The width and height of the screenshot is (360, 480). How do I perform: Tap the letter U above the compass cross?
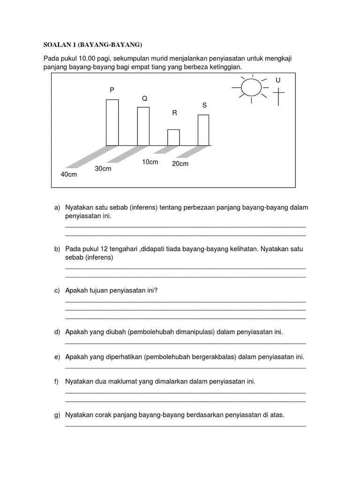(x=278, y=80)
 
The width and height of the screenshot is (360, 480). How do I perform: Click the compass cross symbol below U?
(x=278, y=96)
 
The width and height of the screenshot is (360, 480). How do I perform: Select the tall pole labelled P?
(x=112, y=122)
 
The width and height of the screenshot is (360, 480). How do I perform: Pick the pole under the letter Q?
(x=143, y=126)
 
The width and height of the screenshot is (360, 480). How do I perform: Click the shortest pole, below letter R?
(x=173, y=137)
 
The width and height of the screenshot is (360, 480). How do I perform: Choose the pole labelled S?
(x=203, y=130)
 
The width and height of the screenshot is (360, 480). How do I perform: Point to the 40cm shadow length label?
(x=68, y=174)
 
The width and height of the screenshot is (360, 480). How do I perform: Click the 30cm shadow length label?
(x=103, y=168)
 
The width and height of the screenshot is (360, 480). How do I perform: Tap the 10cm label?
(x=150, y=162)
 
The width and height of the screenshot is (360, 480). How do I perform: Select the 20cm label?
(x=180, y=164)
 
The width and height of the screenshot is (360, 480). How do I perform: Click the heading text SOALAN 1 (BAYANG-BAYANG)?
(x=92, y=45)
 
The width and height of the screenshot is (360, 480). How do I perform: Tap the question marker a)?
(x=57, y=208)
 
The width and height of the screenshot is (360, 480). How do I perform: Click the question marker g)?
(x=57, y=415)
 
